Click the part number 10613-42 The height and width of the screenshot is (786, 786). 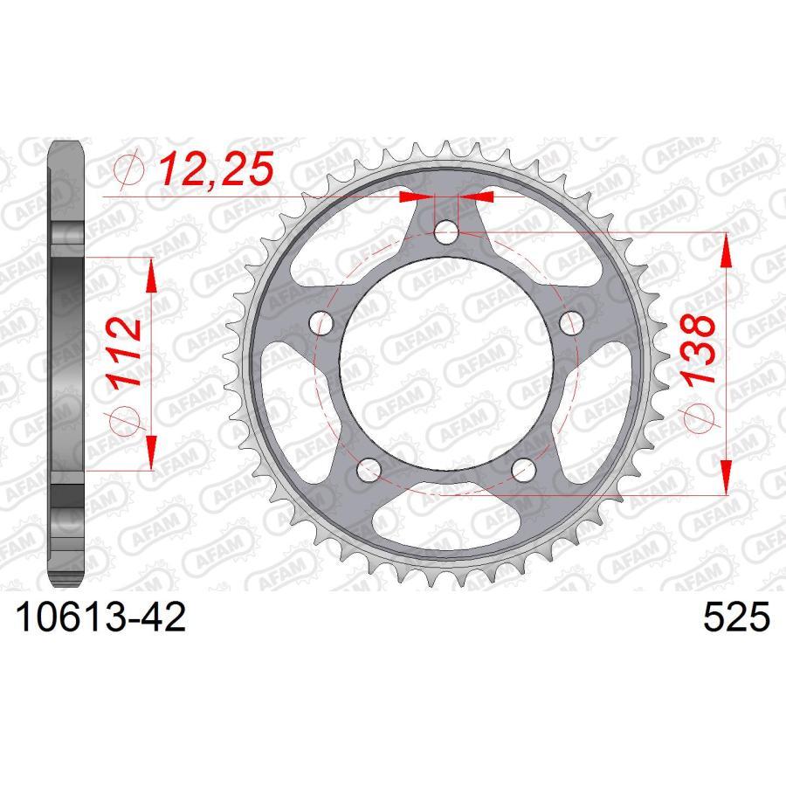click(x=97, y=619)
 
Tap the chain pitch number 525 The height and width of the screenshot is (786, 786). click(x=735, y=619)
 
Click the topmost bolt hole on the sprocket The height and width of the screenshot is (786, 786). click(x=446, y=231)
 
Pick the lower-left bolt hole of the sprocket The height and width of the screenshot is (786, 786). click(x=369, y=470)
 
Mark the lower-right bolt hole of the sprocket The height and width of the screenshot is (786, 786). click(x=523, y=470)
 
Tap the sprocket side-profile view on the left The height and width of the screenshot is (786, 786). click(x=66, y=364)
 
